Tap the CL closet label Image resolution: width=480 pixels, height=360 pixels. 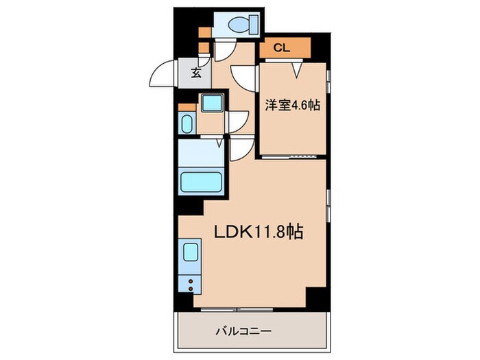[x=282, y=48]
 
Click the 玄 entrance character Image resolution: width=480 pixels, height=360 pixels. [x=196, y=72]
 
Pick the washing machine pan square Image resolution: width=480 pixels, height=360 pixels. [x=211, y=103]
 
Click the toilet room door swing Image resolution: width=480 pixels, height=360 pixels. [x=223, y=51]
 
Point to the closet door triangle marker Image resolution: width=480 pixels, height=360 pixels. [x=297, y=68]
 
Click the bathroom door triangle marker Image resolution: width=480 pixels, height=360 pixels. [x=219, y=143]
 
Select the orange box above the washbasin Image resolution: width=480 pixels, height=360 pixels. [x=182, y=107]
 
